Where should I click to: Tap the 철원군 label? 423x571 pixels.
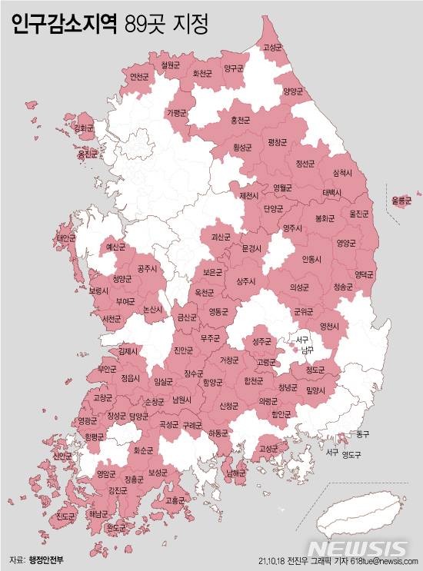point(170,65)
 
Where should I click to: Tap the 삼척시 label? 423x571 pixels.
point(343,172)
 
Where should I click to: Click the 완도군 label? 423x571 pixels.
point(115,527)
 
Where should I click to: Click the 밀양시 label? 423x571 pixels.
point(315,390)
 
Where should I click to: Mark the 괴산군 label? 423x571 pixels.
point(220,237)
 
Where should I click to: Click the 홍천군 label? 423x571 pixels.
point(241,121)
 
